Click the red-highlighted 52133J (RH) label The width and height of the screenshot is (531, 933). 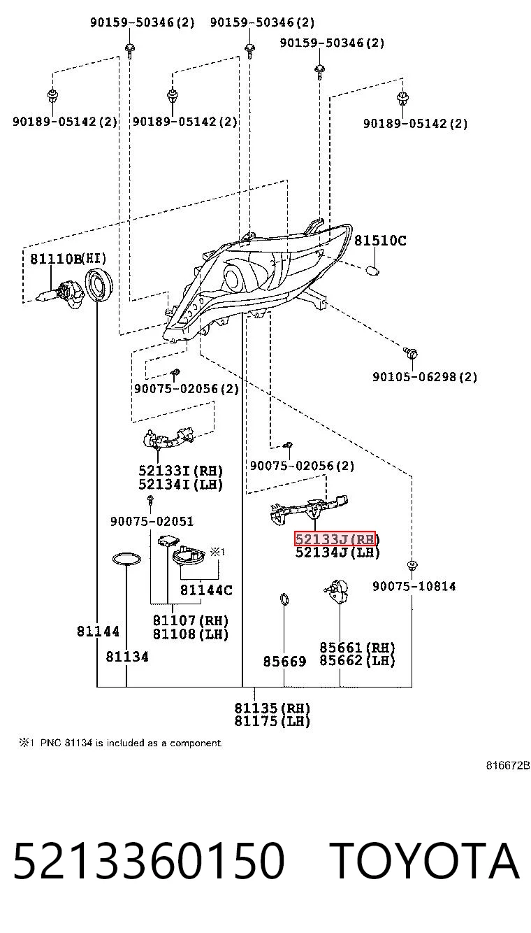(x=335, y=539)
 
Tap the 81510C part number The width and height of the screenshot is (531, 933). (x=380, y=241)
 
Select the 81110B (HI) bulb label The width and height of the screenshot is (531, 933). (x=68, y=259)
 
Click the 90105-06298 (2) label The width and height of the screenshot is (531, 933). (x=425, y=377)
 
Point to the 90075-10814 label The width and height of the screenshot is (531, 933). (x=414, y=587)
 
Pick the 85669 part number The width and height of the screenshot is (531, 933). (x=284, y=662)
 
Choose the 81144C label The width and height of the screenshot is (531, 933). (x=206, y=590)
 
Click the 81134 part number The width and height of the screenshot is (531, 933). (x=127, y=657)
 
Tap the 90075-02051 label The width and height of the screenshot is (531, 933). (x=152, y=522)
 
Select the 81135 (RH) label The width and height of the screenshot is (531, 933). (x=272, y=708)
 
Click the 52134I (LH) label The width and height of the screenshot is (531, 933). (x=180, y=485)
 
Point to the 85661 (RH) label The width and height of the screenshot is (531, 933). (x=357, y=648)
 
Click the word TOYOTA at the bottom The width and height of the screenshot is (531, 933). (x=424, y=861)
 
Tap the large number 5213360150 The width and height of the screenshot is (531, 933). (x=149, y=861)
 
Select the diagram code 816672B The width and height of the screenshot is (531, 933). (x=508, y=765)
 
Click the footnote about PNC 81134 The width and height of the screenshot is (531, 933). (x=121, y=743)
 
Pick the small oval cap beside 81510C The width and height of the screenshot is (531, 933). (x=372, y=271)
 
